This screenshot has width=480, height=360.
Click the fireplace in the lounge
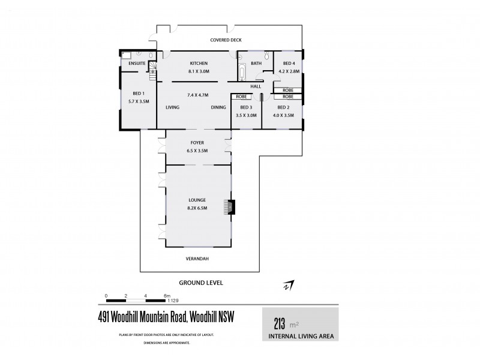tap(229, 207)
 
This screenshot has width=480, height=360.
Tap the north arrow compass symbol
tap(289, 285)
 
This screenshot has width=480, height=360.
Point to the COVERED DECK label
tap(225, 40)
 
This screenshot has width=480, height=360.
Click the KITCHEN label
tap(199, 63)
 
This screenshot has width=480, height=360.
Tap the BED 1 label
tap(133, 94)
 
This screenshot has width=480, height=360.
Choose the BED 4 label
tap(289, 63)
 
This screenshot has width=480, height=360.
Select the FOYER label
tap(197, 143)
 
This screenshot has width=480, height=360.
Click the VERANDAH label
tap(197, 259)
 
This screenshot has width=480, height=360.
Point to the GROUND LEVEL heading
tap(201, 281)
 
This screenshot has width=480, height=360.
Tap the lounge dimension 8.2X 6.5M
tap(197, 208)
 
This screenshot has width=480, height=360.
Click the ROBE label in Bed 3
tap(242, 97)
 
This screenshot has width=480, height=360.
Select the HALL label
tap(255, 86)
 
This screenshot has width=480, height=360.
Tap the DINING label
tap(218, 107)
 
